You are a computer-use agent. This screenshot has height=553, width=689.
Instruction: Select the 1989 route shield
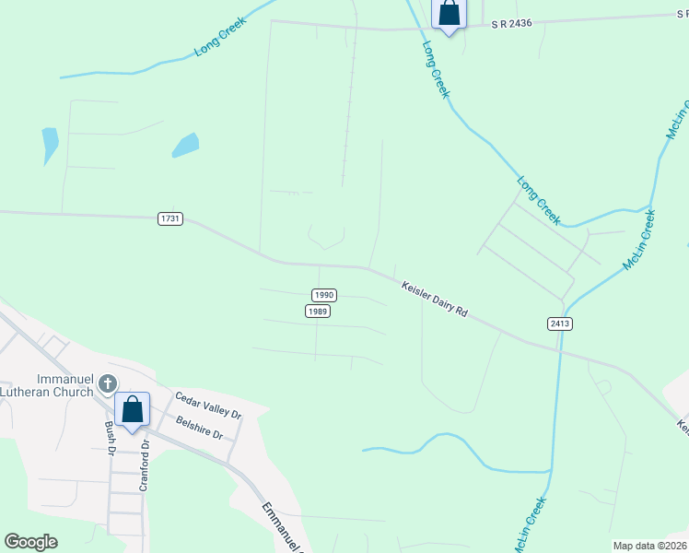pos(318,312)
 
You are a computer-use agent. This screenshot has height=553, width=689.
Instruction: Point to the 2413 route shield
pos(559,324)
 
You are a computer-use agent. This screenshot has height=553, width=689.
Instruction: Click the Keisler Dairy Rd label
pos(435,300)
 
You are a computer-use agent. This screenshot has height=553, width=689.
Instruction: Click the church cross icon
pos(108,383)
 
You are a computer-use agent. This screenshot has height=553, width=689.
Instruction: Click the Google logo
pos(30,542)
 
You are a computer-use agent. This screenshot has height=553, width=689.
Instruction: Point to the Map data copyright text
pos(650,546)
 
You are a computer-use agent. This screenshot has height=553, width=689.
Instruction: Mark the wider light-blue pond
pos(185,145)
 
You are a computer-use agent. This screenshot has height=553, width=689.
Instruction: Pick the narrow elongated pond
pos(50,145)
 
